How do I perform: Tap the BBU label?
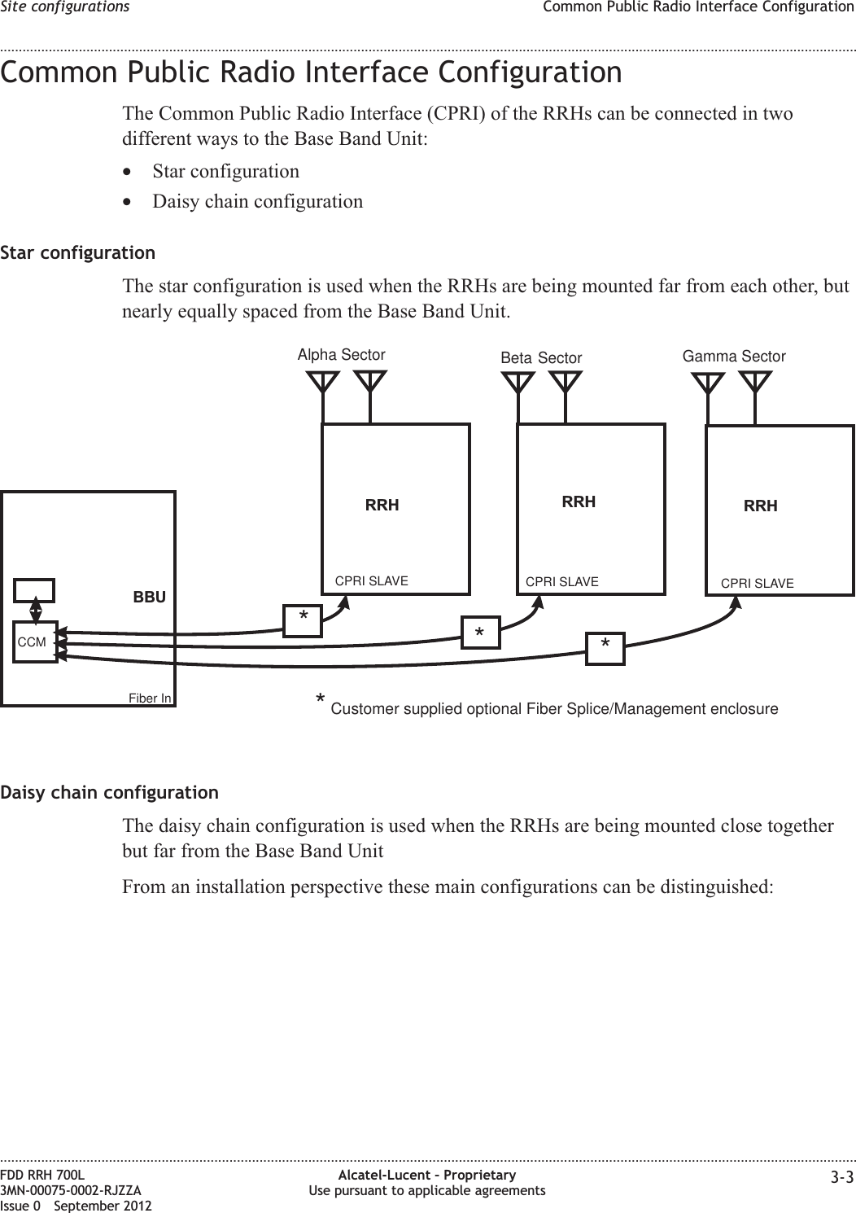[149, 597]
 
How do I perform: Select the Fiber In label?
[150, 698]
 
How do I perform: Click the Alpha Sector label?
[341, 355]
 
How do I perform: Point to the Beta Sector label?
[541, 358]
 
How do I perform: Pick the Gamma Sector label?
[734, 357]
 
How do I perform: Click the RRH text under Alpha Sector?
[382, 505]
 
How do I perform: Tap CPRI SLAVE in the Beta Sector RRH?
[562, 582]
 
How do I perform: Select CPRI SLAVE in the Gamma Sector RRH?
[758, 584]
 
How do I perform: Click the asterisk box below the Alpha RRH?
[303, 620]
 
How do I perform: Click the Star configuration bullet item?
[225, 172]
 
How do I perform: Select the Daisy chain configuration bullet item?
[258, 200]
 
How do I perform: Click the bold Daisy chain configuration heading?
[110, 792]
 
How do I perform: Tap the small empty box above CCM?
[34, 590]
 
